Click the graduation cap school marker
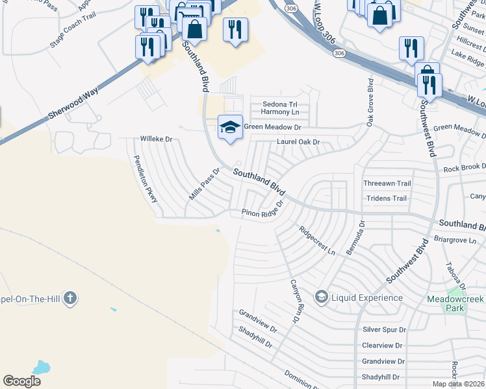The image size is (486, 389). point(230,126)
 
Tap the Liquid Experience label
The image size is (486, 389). point(366,298)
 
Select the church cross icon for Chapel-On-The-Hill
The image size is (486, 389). point(70,298)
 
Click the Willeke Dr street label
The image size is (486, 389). point(157,139)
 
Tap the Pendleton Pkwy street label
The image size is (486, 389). point(146,179)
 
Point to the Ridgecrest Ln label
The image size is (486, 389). point(316,240)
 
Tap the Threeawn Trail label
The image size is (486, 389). point(387,183)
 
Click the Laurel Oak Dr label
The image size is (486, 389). point(299,141)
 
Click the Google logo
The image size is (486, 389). point(21,381)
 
